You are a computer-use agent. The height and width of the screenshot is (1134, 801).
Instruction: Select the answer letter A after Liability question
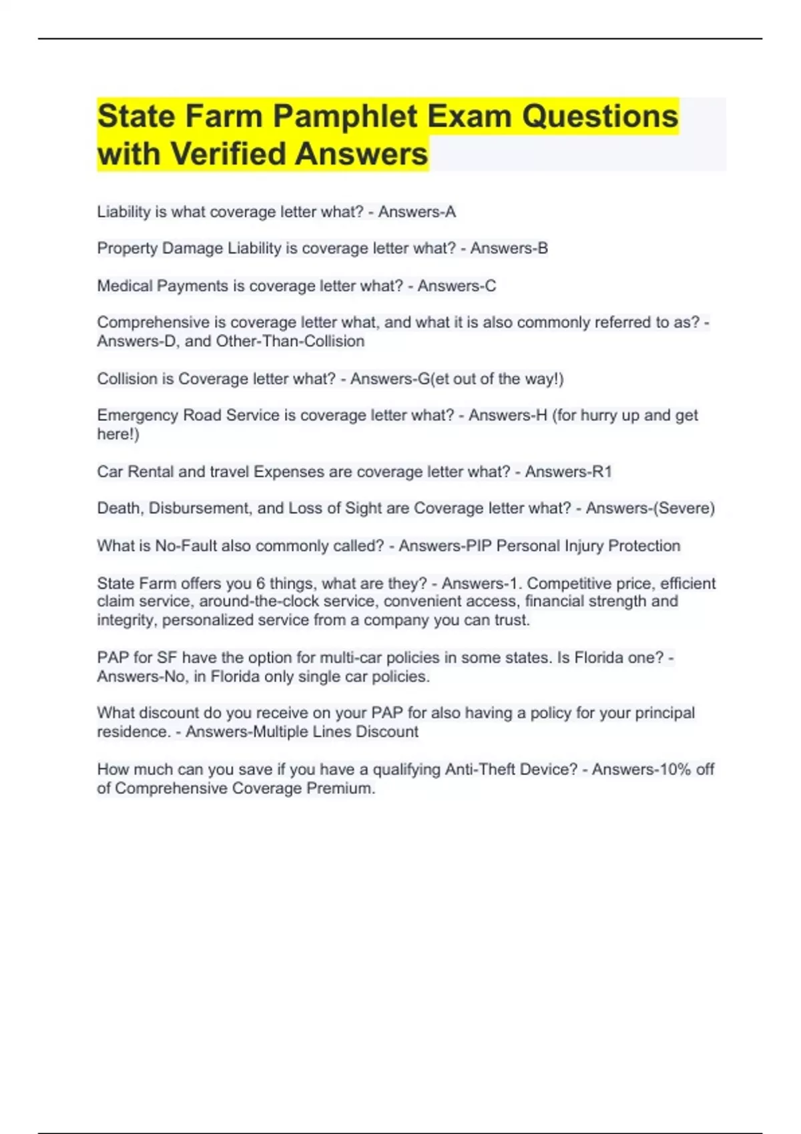coord(451,212)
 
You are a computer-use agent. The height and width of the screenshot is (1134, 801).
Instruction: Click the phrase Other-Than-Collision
coord(290,342)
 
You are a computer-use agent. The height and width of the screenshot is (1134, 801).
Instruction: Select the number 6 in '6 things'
coord(260,583)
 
